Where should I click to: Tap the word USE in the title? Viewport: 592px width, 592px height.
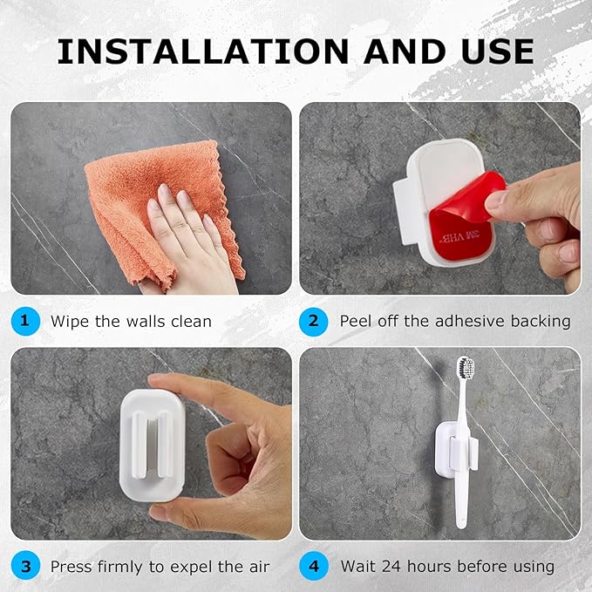click(x=487, y=51)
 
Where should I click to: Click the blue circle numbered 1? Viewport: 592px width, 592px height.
click(x=24, y=321)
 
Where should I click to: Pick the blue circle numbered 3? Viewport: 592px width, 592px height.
click(x=24, y=566)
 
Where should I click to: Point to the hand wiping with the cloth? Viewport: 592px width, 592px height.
click(x=187, y=235)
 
